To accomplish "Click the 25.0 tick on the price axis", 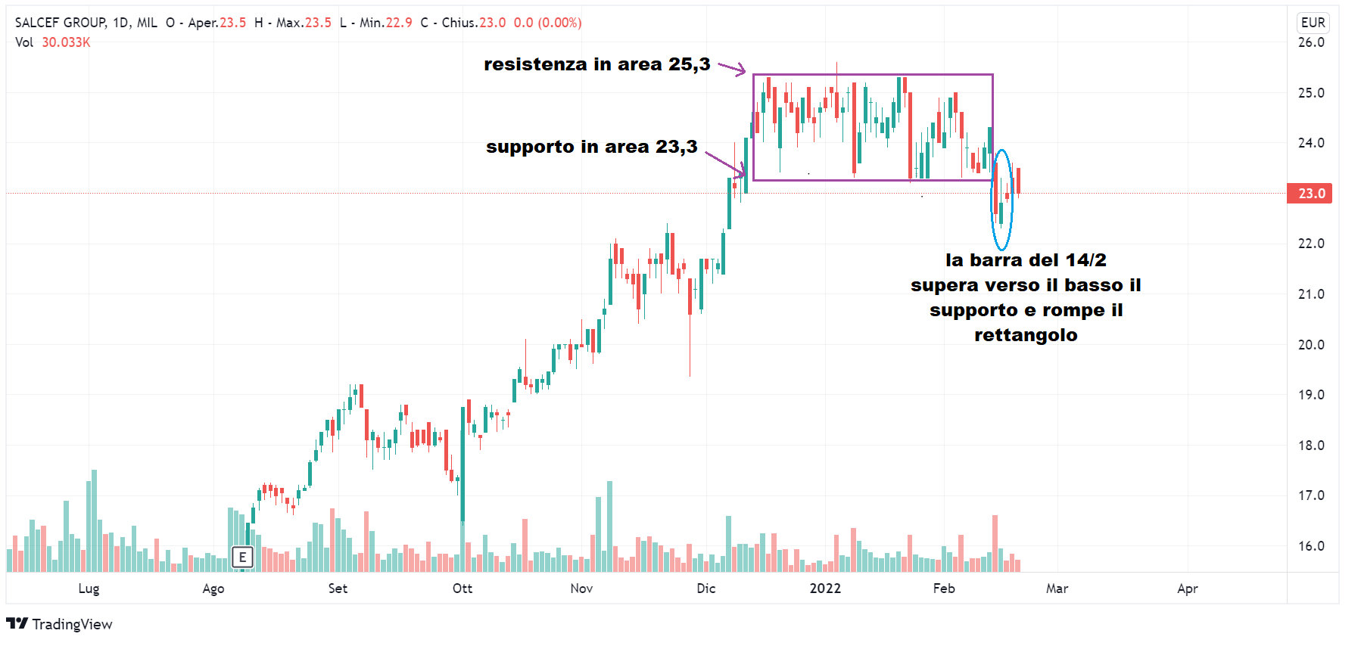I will click(1311, 93).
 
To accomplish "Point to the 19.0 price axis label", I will click(1311, 395).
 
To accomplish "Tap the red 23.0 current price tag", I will click(1310, 194).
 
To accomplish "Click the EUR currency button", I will click(1313, 23).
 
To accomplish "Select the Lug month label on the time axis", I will click(89, 589).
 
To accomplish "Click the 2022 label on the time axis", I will click(825, 589).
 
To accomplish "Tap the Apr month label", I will click(1187, 589).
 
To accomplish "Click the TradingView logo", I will click(59, 624).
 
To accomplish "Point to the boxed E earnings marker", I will click(242, 557).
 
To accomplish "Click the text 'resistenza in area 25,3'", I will click(596, 65).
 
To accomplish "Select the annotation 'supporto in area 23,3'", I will click(591, 147).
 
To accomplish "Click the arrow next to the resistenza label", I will click(732, 69).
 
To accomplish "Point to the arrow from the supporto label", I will click(725, 163).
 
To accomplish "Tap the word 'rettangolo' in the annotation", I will click(1026, 335).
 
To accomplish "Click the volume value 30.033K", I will click(66, 42).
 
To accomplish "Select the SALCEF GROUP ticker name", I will click(61, 23).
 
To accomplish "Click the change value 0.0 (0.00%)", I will click(547, 23).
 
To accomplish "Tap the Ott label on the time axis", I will click(462, 589).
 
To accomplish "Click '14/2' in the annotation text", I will click(1085, 260).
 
